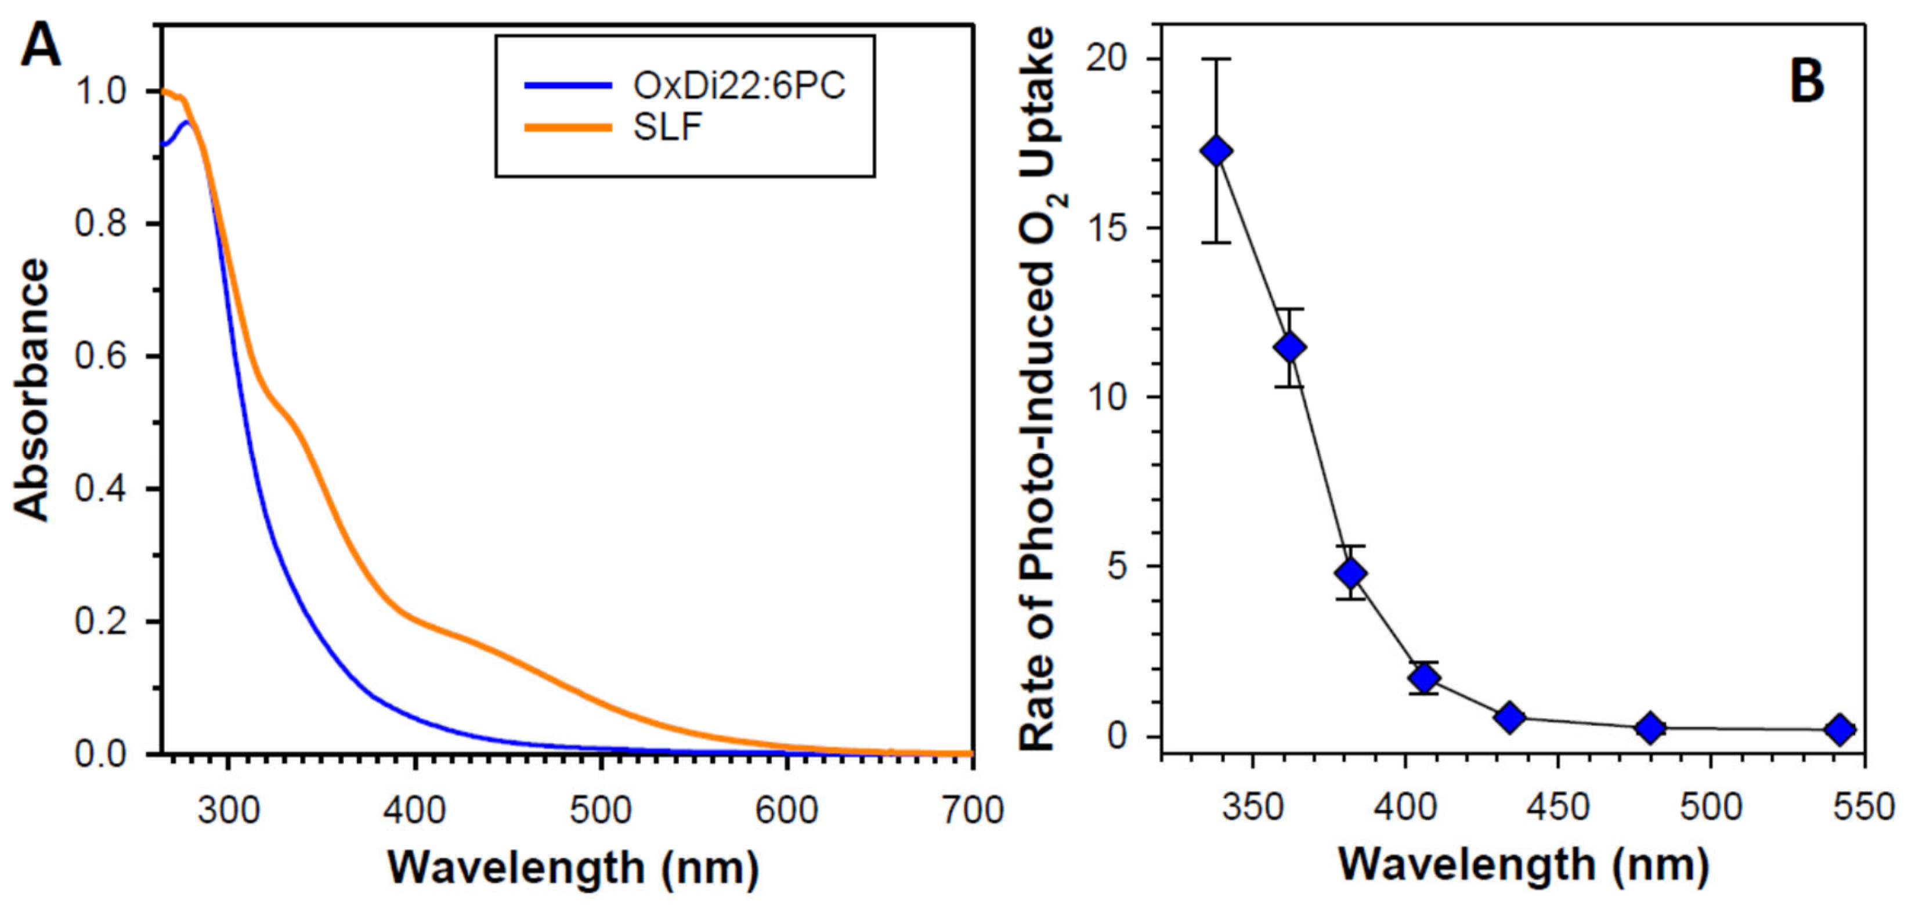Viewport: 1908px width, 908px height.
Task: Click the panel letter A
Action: pyautogui.click(x=41, y=46)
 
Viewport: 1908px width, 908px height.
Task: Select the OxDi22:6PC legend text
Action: pyautogui.click(x=739, y=86)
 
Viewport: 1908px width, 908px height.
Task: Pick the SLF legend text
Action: pyautogui.click(x=667, y=128)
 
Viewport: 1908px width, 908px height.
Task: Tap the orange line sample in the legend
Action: pyautogui.click(x=568, y=128)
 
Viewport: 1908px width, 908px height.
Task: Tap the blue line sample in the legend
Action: pyautogui.click(x=568, y=86)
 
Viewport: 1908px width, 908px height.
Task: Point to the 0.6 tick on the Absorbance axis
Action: pyautogui.click(x=102, y=356)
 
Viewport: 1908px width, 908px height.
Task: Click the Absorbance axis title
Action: pyautogui.click(x=32, y=390)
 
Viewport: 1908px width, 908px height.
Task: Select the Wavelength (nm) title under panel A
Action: pyautogui.click(x=573, y=867)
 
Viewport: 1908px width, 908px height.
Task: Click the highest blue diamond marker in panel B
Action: pyautogui.click(x=1216, y=151)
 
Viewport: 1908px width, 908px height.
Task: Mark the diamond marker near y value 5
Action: pyautogui.click(x=1351, y=573)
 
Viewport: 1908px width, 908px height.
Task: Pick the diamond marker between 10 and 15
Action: pyautogui.click(x=1290, y=348)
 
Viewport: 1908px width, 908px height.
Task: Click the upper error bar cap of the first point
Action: pyautogui.click(x=1216, y=59)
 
